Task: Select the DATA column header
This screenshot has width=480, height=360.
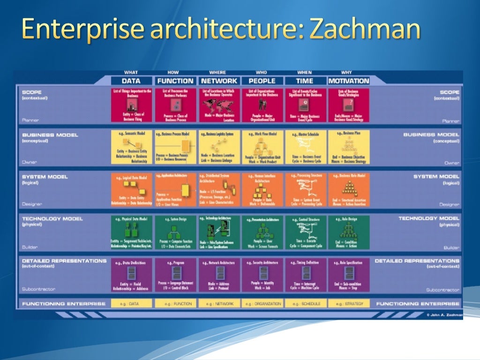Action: (x=131, y=81)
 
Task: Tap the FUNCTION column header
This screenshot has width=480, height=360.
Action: (x=175, y=81)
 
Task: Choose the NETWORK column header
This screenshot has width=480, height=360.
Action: (x=218, y=81)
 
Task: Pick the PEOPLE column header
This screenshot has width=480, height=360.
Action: (x=262, y=81)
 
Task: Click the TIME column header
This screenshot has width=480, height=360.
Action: (x=305, y=81)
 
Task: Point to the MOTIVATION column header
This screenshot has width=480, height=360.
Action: (x=349, y=81)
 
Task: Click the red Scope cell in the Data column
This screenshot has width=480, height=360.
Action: (x=131, y=105)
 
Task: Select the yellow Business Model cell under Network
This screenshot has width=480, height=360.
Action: (x=218, y=147)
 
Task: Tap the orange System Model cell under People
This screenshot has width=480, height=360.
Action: (x=262, y=189)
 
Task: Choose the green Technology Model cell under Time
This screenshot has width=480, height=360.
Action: (x=305, y=232)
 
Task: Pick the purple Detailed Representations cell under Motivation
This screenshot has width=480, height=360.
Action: (x=349, y=275)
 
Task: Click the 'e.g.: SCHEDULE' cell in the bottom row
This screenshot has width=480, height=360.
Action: (x=305, y=304)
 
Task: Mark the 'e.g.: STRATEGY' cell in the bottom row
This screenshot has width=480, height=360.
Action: (x=349, y=304)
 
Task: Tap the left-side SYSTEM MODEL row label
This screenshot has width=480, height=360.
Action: (x=45, y=177)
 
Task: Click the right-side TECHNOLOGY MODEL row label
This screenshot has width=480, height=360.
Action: (x=428, y=218)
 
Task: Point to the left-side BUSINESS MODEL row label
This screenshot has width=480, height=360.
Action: (x=50, y=135)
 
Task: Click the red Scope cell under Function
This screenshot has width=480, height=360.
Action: (x=175, y=105)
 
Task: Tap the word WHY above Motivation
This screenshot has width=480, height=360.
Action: (x=347, y=73)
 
